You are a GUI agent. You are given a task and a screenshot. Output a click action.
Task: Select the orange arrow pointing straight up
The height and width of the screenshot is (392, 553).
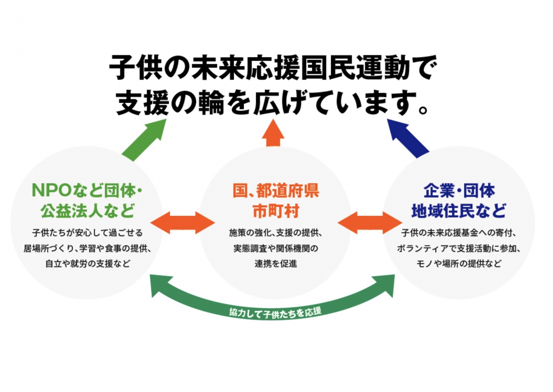273,133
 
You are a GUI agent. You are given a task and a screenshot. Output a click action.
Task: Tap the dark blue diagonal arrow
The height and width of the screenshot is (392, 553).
408,138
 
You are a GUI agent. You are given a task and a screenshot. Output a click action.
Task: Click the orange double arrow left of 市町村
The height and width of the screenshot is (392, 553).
182,222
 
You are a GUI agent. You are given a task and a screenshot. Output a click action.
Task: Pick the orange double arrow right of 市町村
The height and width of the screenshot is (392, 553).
370,222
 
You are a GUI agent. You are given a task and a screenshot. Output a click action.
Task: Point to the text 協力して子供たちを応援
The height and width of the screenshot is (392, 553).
275,313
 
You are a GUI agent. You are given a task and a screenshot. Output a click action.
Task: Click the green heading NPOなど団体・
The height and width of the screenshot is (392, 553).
87,190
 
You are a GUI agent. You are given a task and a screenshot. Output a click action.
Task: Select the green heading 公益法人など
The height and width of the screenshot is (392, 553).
87,211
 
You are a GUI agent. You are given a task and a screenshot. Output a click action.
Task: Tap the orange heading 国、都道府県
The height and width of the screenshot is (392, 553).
276,190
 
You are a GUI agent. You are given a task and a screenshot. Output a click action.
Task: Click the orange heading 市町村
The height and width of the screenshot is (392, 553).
276,211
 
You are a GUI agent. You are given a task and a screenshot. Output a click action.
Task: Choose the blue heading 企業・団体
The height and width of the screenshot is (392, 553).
459,190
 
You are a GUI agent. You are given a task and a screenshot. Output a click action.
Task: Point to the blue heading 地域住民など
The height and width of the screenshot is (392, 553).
459,211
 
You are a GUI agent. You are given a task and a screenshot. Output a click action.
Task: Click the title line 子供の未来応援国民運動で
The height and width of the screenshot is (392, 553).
273,67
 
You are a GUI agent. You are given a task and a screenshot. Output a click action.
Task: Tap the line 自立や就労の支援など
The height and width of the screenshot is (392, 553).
88,264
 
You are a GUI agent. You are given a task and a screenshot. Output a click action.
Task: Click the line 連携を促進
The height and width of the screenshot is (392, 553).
276,264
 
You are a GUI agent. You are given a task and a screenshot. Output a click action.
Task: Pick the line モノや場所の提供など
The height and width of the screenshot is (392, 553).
459,264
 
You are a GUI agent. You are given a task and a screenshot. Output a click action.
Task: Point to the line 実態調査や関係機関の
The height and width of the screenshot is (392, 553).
276,248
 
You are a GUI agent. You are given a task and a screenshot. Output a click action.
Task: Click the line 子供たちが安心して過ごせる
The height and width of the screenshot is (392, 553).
87,233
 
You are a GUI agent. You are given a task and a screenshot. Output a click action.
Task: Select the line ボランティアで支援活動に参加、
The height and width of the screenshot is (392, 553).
459,248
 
